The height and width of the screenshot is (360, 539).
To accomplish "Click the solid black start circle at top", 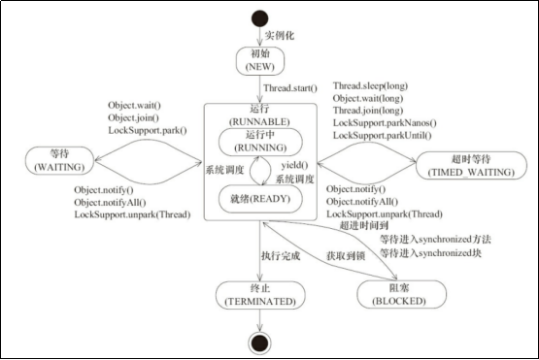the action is (x=259, y=18).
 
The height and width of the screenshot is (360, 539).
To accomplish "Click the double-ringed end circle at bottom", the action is (x=259, y=343).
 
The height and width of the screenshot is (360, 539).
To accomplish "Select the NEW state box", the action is (x=260, y=61).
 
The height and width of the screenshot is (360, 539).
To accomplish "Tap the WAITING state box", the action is (x=59, y=160).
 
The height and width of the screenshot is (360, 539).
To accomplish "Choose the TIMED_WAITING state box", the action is (x=471, y=165).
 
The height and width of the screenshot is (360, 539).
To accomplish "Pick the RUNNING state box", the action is (x=260, y=142).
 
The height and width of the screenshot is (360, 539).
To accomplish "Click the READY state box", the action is (x=260, y=199).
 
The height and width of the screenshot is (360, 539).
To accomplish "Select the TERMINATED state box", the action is (x=260, y=295).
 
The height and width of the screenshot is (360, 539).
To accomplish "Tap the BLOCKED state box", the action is (x=401, y=294).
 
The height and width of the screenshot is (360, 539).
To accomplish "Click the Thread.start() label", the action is (x=290, y=88).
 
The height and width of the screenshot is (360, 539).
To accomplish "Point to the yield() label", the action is (x=294, y=166).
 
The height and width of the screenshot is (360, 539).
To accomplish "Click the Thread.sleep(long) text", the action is (x=370, y=86).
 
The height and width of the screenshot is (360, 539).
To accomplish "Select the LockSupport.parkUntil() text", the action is (x=383, y=135).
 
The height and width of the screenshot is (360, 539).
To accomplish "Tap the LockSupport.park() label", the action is (x=148, y=131).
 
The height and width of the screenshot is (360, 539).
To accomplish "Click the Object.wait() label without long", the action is (x=134, y=106).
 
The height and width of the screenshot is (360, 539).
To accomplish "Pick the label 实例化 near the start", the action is (x=280, y=35).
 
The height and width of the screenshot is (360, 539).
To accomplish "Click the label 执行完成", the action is (x=281, y=255).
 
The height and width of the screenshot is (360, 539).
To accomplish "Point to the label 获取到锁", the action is (x=346, y=255).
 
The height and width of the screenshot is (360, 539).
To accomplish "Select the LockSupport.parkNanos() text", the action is (x=385, y=123).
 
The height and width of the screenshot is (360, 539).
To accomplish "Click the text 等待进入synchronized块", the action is (x=430, y=253).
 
